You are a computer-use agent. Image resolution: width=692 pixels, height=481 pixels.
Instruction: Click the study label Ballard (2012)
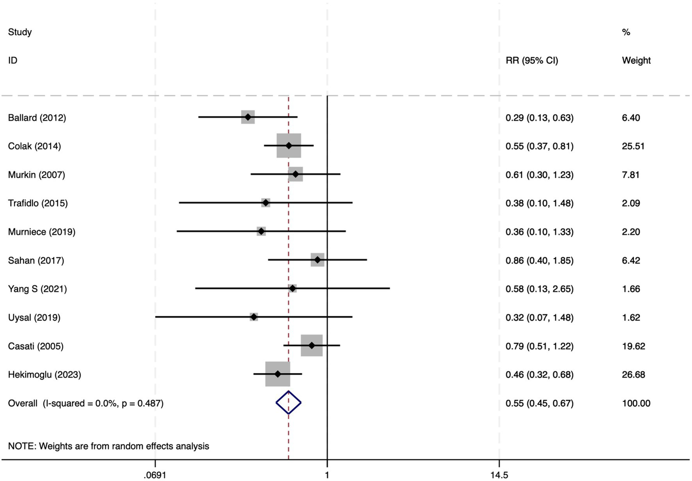point(37,118)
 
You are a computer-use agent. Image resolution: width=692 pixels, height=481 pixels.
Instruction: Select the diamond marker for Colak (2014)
point(289,146)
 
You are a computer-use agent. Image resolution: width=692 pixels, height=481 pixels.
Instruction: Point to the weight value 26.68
point(633,375)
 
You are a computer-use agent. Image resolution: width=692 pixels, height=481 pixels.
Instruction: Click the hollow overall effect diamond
point(289,402)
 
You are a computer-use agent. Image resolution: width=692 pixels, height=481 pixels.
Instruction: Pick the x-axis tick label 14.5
point(499,475)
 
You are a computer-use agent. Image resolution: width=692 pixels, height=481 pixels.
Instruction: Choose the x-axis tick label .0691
point(155,475)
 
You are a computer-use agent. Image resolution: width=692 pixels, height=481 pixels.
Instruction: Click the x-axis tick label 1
point(327,475)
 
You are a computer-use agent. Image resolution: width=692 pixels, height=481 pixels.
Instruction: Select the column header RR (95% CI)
point(532,60)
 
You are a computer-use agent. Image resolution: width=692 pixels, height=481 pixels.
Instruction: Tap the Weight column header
point(636,60)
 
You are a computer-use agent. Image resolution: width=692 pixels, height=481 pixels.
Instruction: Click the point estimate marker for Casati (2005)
point(312,346)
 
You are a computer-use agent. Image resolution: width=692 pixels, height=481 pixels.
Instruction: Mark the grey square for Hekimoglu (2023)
point(277,374)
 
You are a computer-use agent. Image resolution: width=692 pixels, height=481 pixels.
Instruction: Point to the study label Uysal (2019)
point(34,318)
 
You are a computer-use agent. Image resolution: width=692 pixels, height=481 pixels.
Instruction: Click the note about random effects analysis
point(109,446)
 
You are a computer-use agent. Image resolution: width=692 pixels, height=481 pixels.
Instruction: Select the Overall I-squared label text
point(86,403)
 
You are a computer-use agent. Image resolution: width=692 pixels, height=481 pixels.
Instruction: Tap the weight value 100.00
point(636,403)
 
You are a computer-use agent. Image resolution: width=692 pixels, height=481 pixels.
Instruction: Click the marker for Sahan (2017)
point(317,260)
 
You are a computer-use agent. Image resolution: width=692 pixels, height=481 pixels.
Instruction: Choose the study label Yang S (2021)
point(37,289)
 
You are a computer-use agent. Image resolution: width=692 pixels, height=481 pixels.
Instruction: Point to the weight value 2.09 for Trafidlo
point(631,203)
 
